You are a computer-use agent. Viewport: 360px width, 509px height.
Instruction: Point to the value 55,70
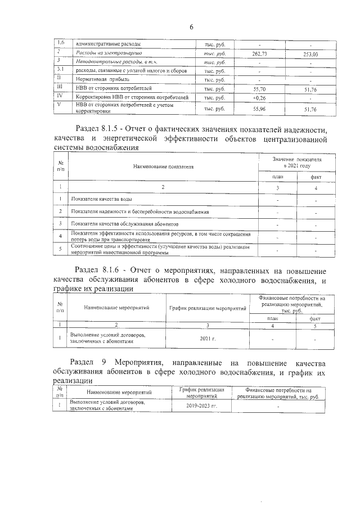(259, 89)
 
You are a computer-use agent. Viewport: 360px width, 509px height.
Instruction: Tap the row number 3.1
(61, 70)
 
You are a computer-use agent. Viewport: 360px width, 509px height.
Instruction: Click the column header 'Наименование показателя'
(163, 167)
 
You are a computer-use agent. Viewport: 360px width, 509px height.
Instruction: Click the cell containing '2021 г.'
(208, 339)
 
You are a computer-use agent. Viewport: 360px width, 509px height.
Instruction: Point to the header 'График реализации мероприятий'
(208, 308)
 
